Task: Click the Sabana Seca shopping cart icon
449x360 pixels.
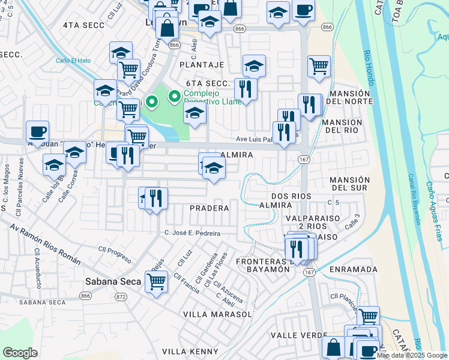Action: (x=156, y=280)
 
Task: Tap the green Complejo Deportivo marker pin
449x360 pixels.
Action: (x=175, y=95)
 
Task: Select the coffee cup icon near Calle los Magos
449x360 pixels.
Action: (x=37, y=132)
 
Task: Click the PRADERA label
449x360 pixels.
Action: (x=209, y=208)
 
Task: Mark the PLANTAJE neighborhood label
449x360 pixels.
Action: (x=201, y=65)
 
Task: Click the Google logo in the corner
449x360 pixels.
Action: (x=20, y=353)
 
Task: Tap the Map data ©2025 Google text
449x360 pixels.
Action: (x=412, y=355)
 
